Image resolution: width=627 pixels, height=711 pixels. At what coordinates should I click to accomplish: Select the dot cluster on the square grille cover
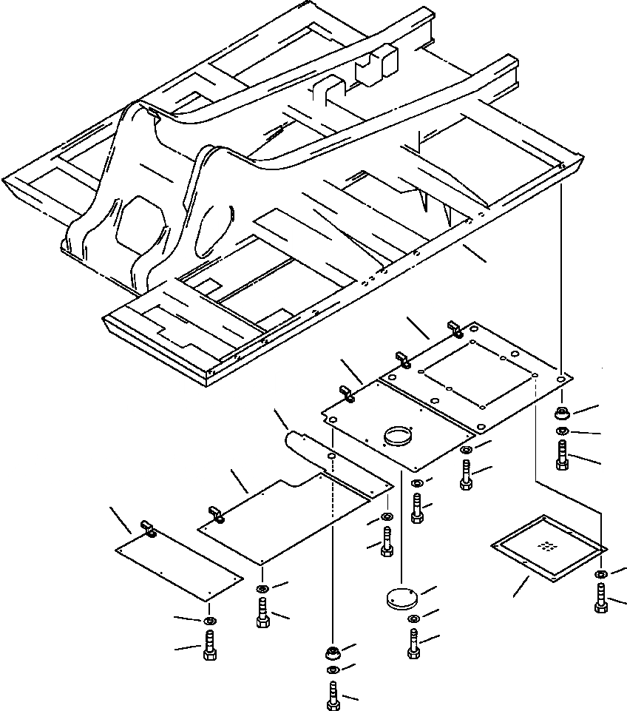pos(547,547)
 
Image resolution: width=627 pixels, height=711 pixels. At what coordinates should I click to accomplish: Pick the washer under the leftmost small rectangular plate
pos(209,619)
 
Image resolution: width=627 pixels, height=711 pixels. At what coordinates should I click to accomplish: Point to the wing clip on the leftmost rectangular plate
pos(147,529)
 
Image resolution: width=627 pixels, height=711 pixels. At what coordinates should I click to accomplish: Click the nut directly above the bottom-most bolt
pos(331,652)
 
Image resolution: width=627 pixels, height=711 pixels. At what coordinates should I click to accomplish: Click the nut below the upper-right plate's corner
pos(562,412)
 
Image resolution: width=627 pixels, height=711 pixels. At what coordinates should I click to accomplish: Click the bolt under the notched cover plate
pos(263,612)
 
